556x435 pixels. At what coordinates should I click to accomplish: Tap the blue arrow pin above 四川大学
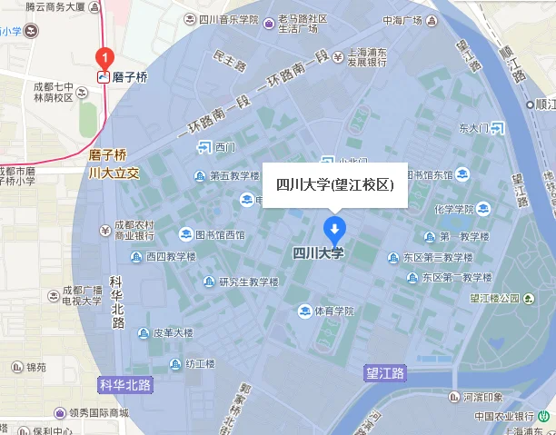coord(334,228)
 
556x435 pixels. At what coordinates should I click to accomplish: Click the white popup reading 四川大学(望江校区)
coord(334,184)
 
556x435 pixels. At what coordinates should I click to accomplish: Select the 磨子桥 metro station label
coord(129,77)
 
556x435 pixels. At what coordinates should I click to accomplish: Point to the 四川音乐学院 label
coord(220,18)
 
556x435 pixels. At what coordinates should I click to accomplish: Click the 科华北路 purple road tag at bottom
coord(125,385)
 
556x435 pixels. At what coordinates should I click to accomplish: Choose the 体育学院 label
coord(333,311)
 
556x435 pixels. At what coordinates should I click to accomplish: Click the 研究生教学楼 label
coord(248,282)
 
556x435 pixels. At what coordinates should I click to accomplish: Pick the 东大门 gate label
coord(473,128)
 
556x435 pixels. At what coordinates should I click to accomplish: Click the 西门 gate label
coord(225,147)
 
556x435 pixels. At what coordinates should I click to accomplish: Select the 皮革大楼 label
coord(173,332)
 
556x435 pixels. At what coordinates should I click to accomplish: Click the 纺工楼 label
coord(199,363)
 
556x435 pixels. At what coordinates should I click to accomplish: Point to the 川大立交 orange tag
coord(112,172)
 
